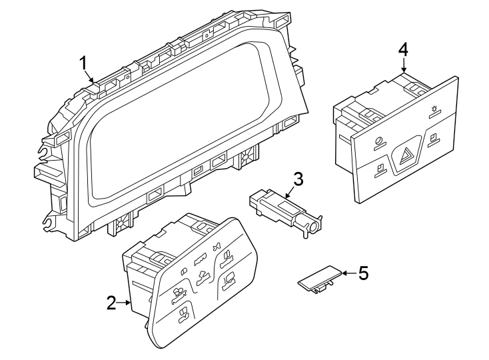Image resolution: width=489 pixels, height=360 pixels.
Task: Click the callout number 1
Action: click(x=84, y=63)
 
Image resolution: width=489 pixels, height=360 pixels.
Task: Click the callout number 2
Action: click(x=111, y=303)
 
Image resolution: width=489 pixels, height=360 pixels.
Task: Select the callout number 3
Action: click(x=298, y=178)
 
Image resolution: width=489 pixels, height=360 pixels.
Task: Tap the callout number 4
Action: click(x=403, y=49)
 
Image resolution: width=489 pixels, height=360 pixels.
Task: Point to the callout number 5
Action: click(x=362, y=273)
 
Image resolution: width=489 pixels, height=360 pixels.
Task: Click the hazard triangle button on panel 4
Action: click(x=406, y=158)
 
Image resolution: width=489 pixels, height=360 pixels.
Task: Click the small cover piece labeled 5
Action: click(x=317, y=278)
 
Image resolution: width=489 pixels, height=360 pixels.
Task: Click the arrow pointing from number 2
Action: click(x=125, y=303)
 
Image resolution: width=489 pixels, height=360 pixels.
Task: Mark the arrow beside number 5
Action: click(x=346, y=273)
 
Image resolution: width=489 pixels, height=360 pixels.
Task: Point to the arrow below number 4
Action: click(x=404, y=67)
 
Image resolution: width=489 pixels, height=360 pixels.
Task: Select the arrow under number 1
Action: click(x=90, y=76)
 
